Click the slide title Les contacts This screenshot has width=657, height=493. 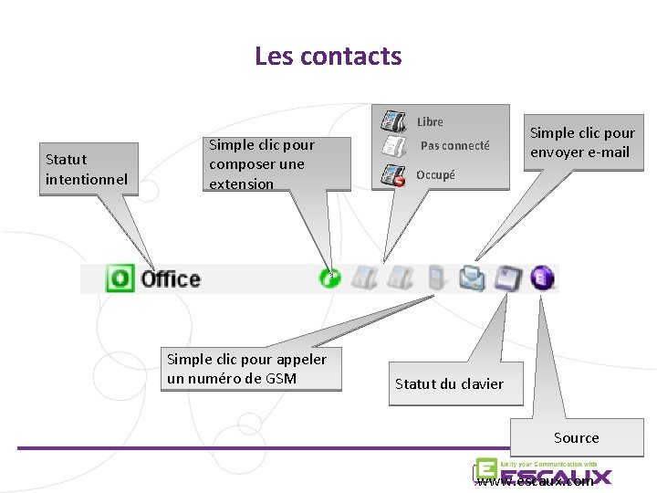coord(328,57)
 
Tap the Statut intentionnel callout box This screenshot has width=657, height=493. coord(87,170)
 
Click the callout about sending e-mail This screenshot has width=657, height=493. coord(581,142)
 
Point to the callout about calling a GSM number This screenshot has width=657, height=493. coord(246,368)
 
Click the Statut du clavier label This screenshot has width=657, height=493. coord(448,384)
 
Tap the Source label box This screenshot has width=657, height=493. coord(577,438)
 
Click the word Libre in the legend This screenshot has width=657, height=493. coord(430,121)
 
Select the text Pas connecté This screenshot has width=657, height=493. coord(454,146)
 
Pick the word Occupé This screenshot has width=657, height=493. coord(435,174)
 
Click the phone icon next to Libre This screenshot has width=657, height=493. coord(393,121)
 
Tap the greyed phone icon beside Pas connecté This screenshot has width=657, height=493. coord(393,146)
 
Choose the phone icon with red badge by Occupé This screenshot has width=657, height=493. coord(393,174)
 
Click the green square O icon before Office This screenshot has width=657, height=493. coord(120,278)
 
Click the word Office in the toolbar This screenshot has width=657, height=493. coord(171,278)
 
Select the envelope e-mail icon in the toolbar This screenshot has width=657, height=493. coord(472,278)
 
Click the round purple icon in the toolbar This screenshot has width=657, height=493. coord(543,278)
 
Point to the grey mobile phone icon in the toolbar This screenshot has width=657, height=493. coord(435,278)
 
